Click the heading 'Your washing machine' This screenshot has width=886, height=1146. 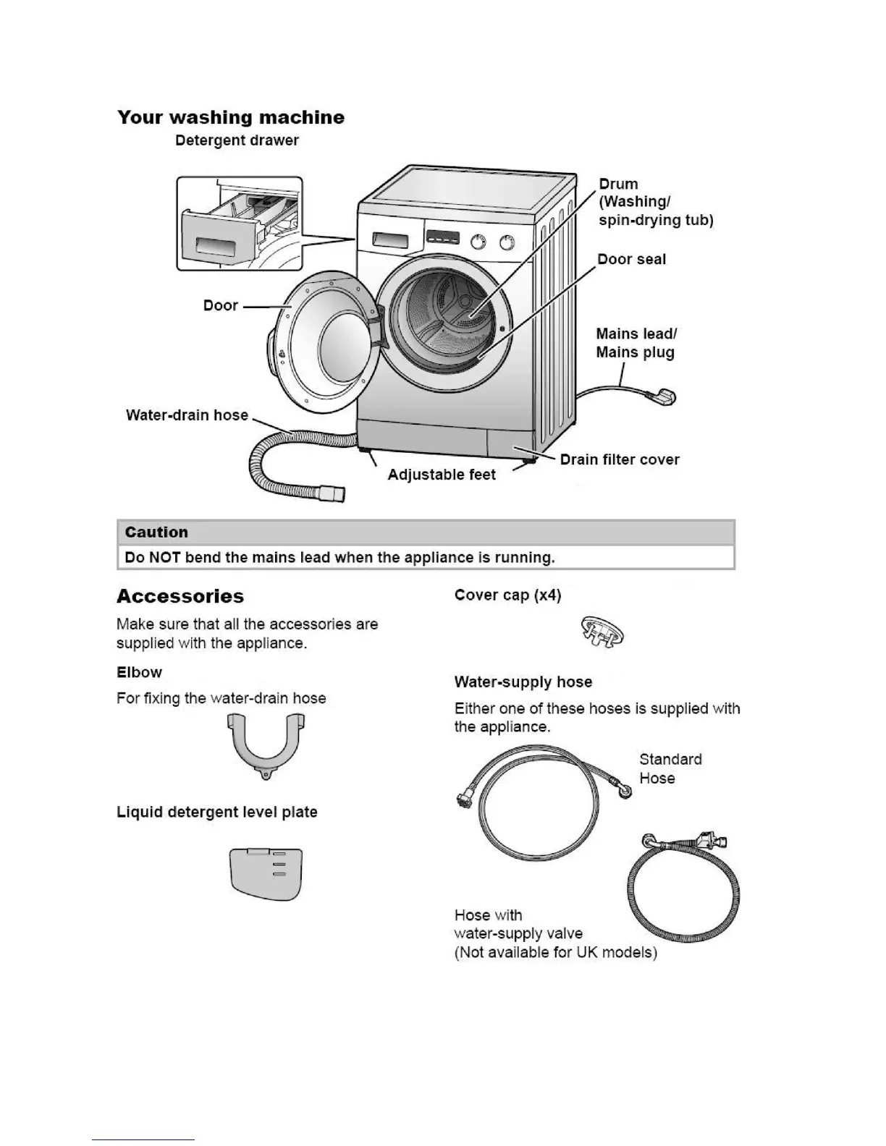[231, 117]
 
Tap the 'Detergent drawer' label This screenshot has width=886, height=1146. [237, 140]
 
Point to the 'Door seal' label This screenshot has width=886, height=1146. [631, 259]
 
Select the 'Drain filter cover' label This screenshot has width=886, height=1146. [620, 459]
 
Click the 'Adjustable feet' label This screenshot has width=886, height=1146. [442, 475]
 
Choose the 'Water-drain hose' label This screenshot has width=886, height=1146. [187, 415]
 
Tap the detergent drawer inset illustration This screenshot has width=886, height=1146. [240, 224]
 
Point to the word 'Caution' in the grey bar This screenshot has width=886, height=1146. [156, 532]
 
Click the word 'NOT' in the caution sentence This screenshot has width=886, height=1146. [164, 558]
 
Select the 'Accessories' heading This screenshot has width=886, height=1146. [180, 597]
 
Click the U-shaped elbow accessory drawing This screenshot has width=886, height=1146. [266, 746]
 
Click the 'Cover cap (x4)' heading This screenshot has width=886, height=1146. [507, 595]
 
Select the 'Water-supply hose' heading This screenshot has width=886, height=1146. [523, 682]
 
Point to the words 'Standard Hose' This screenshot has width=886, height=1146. [670, 768]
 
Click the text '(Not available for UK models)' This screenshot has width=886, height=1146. [556, 952]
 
